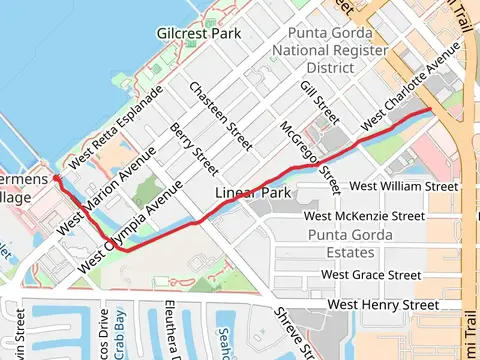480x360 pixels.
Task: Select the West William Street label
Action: click(x=404, y=186)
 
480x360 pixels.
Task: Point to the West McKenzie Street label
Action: click(x=364, y=215)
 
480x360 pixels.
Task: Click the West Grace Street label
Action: click(x=371, y=274)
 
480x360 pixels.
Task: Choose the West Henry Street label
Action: click(x=384, y=304)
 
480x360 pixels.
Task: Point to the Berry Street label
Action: click(x=195, y=143)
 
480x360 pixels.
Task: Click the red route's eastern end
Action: click(x=430, y=108)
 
